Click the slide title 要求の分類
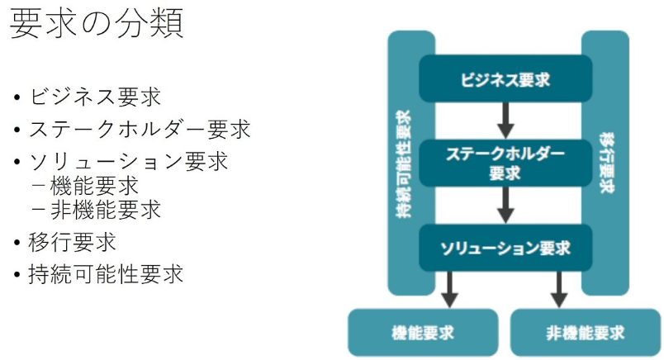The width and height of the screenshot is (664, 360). coord(97,23)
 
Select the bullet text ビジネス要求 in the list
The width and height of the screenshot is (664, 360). coord(95,97)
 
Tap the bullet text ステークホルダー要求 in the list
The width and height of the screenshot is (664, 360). coord(140,129)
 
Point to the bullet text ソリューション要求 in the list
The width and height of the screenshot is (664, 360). coord(129,161)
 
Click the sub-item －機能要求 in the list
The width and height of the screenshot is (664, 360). coord(86,186)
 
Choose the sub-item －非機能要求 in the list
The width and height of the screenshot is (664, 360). coord(97,210)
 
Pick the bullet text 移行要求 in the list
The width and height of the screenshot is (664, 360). coord(73,242)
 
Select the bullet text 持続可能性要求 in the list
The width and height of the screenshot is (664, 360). coord(106,274)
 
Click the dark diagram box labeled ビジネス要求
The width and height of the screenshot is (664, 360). coord(505,78)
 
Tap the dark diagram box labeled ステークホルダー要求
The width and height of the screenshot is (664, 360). coord(505,163)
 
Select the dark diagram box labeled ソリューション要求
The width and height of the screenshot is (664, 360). coord(505,248)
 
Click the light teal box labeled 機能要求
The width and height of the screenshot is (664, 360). coord(423,333)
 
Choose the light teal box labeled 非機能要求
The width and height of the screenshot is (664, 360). coord(586,333)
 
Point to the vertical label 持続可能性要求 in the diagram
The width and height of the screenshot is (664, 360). coord(403,164)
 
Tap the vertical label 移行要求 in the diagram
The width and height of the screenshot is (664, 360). coord(606,163)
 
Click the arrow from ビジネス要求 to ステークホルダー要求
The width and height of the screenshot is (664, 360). coord(505,121)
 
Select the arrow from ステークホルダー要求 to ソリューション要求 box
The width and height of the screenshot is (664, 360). coord(505,206)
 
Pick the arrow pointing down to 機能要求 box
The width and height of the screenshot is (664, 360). coord(450,290)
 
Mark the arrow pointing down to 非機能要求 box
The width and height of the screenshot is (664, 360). coord(559,290)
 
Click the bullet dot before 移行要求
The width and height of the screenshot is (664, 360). coord(17,243)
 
